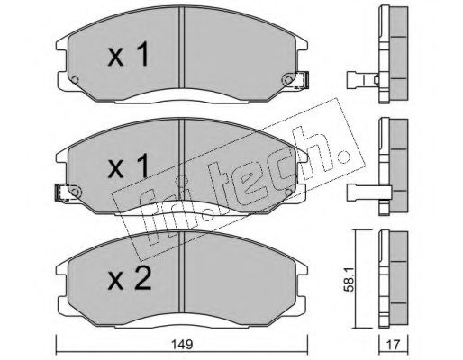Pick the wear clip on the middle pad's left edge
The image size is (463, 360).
tap(64, 192)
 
